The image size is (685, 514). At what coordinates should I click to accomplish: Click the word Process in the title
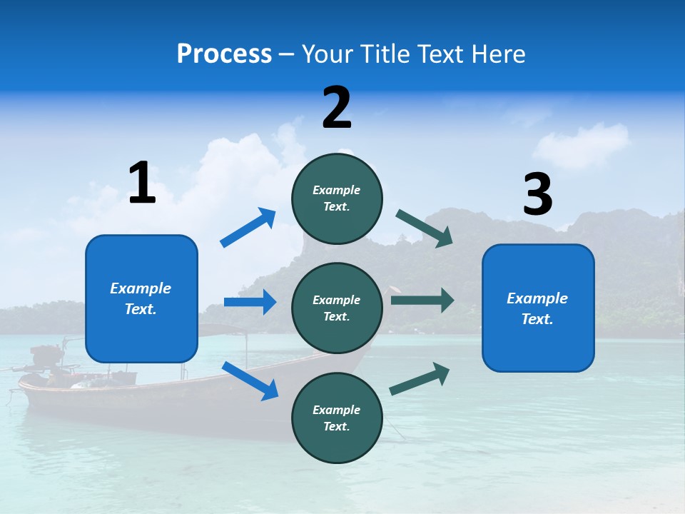click(224, 54)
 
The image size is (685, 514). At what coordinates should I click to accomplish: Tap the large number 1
click(142, 183)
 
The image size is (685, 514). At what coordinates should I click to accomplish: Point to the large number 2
click(337, 108)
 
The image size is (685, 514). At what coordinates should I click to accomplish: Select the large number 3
click(538, 195)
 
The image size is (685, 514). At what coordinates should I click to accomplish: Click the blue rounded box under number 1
click(141, 298)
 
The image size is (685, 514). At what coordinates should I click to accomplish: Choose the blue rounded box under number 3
click(538, 308)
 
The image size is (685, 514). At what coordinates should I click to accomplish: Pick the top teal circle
click(337, 198)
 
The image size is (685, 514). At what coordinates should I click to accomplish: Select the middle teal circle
click(337, 308)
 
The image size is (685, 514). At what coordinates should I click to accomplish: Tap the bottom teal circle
click(337, 418)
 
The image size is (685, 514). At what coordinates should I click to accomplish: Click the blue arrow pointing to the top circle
click(248, 228)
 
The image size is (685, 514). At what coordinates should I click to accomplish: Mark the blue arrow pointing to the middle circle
click(250, 302)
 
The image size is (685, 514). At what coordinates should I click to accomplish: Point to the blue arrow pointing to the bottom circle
click(250, 381)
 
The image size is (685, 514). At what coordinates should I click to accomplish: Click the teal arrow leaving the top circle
click(425, 228)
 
